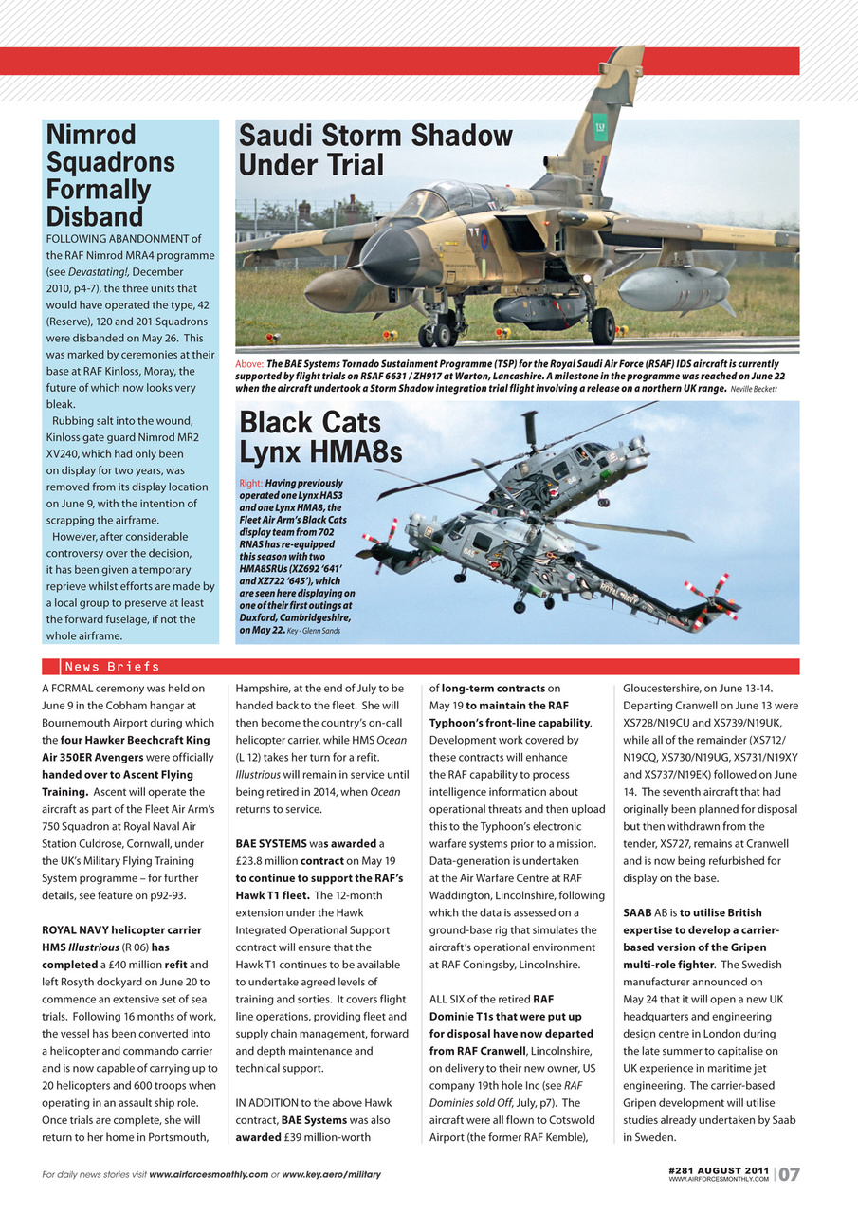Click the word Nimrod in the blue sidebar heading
pos(91,135)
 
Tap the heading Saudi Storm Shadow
pos(374,136)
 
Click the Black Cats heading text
pos(309,422)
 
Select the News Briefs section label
pos(111,667)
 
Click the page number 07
pos(789,1175)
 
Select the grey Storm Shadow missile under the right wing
pos(675,288)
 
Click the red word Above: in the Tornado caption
pos(249,364)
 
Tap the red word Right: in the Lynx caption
pos(251,484)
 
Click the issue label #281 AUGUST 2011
pos(718,1171)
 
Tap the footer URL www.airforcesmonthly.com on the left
pos(209,1175)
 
